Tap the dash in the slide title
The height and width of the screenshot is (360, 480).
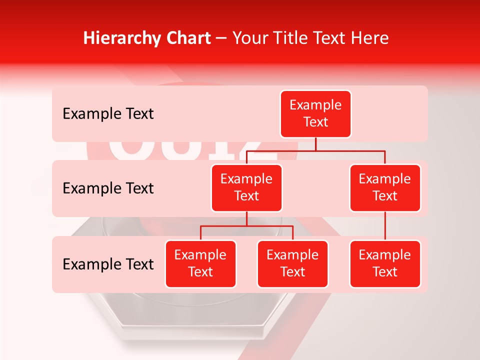[x=221, y=38]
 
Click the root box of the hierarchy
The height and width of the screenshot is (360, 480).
[x=315, y=114]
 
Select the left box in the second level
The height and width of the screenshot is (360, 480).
[x=246, y=187]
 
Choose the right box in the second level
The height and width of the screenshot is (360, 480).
[x=385, y=187]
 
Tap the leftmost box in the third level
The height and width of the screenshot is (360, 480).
[x=200, y=263]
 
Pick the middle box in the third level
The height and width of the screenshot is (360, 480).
[x=292, y=263]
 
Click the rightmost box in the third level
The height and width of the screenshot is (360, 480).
[x=385, y=263]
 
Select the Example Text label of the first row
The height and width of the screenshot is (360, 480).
[x=108, y=114]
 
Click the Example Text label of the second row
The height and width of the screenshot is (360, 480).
[x=108, y=188]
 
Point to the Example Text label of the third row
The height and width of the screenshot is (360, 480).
[x=108, y=264]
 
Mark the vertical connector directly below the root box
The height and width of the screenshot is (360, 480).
[x=315, y=144]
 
